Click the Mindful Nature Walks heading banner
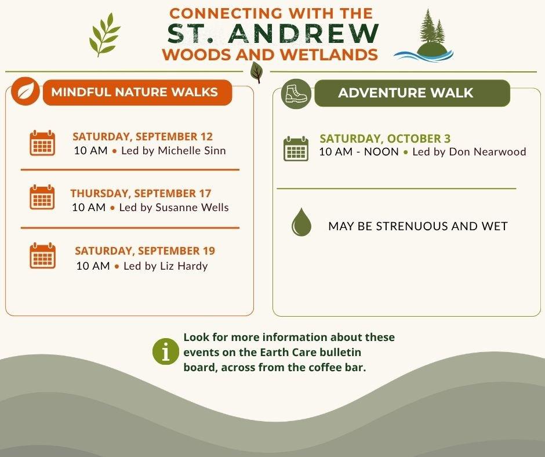(137, 92)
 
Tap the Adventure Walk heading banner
(412, 93)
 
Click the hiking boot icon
(296, 93)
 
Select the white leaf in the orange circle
(26, 92)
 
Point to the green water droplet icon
(301, 222)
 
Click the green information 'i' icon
(166, 351)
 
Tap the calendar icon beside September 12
(42, 143)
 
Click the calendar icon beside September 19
(42, 256)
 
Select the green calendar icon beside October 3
(296, 148)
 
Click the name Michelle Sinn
(192, 151)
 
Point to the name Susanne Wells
(192, 207)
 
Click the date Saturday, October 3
(385, 139)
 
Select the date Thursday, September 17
(141, 193)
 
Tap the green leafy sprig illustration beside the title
(104, 35)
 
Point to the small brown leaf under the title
(256, 72)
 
